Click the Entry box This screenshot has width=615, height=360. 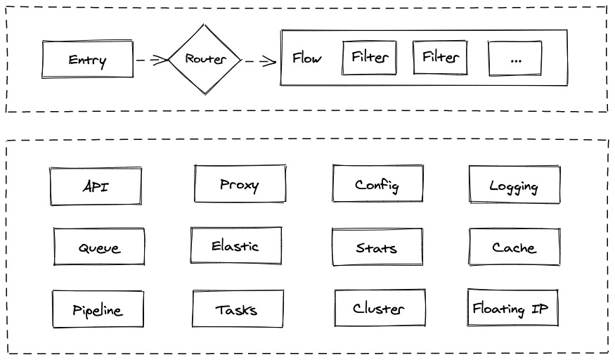[87, 59]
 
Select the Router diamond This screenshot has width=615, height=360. [205, 59]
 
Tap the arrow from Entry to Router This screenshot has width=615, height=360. [152, 60]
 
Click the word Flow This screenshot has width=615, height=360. [306, 58]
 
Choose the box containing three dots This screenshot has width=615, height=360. [515, 58]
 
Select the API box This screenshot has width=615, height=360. [96, 186]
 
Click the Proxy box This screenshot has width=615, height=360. [240, 184]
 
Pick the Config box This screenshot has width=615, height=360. [377, 184]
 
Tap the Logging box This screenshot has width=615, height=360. [514, 185]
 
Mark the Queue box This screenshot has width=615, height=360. [99, 247]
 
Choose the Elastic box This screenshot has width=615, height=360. [236, 245]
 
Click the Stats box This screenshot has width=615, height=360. [377, 247]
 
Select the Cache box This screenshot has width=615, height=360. [514, 247]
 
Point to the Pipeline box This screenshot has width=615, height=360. [98, 309]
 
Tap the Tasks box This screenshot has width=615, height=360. [238, 309]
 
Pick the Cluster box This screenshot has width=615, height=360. [380, 308]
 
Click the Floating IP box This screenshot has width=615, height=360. [512, 308]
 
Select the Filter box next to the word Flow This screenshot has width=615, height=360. [369, 57]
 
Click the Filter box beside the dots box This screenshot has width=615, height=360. [440, 57]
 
